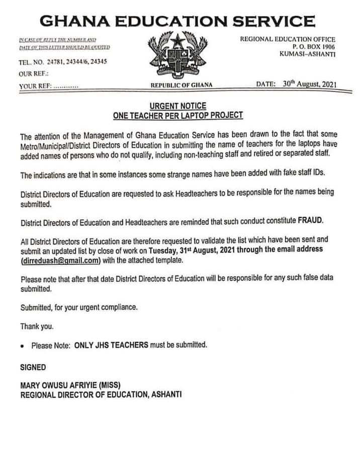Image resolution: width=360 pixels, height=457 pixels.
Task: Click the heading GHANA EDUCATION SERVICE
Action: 177,21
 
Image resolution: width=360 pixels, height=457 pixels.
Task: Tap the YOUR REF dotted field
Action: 66,86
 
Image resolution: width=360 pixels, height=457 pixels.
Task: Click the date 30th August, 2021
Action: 309,84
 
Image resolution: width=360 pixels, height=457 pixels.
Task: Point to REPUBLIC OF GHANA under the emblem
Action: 182,85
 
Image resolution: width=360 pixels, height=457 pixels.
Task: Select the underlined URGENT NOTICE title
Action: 178,106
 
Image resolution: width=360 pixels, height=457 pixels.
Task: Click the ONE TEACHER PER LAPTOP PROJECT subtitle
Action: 178,115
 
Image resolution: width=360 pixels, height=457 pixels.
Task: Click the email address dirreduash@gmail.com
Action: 61,260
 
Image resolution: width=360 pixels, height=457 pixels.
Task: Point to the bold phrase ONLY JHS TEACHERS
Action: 111,345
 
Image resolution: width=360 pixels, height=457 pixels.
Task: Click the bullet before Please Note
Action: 24,346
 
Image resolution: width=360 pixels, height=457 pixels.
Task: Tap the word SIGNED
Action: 33,367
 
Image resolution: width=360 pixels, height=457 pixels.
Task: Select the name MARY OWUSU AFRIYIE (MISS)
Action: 70,385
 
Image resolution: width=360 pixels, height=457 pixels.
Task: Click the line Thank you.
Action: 37,326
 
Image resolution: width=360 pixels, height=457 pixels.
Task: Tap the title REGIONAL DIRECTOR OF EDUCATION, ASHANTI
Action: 101,395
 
